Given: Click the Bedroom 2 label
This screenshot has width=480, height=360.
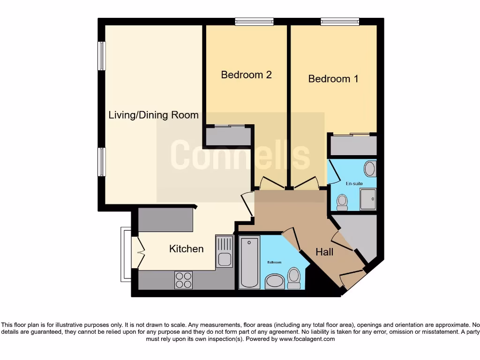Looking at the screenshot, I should pos(246,75).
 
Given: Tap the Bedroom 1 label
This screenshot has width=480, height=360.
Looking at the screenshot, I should pos(333,79).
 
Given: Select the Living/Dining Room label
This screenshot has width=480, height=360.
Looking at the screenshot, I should pos(153,115).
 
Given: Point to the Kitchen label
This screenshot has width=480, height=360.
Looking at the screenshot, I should pos(186,248).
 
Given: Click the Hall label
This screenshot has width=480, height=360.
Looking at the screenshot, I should pos(324,252).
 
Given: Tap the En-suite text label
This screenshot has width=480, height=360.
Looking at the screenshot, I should pos(354,184).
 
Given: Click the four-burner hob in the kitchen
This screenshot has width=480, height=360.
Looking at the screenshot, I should pos(183,280).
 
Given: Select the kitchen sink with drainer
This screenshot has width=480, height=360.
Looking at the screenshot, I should pos(224,252).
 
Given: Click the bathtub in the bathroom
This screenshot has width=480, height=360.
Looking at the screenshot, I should pos(249,262).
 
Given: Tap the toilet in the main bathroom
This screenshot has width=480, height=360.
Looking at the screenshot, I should pos(294,278).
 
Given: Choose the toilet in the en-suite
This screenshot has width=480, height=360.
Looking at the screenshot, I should pos(342,202).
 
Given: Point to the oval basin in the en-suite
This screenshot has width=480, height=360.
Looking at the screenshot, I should pos(370,169).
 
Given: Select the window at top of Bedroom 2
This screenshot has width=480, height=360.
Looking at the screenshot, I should pos(254,21).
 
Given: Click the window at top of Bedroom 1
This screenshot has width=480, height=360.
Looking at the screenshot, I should pos(340,21).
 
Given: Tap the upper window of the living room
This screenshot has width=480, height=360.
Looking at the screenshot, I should pos(101,56).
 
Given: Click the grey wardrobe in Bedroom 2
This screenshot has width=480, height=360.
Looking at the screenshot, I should pos(228,136).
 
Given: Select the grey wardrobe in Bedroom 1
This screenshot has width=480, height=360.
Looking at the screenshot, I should pos(353,145).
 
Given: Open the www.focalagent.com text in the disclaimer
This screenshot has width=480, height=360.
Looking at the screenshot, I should pos(307,339).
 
